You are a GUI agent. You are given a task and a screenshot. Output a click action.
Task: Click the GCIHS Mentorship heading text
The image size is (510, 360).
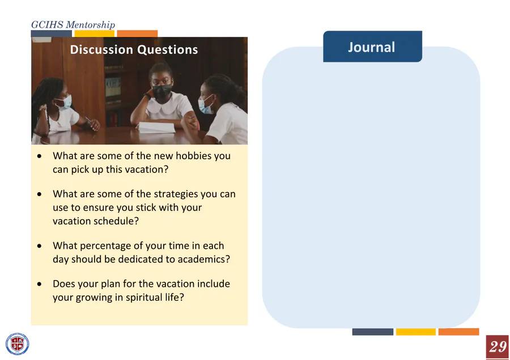tap(73, 25)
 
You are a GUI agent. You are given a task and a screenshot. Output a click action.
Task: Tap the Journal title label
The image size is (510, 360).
tap(371, 47)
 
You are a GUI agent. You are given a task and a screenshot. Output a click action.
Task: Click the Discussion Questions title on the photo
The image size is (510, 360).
tap(134, 49)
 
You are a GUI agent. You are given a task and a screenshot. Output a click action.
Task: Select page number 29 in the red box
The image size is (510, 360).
tap(498, 346)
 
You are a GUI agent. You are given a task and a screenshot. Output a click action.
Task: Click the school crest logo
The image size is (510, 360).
tap(17, 344)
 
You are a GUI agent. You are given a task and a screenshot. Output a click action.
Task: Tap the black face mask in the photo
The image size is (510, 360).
tap(161, 91)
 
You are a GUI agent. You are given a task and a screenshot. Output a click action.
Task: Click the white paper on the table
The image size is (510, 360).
tap(156, 127)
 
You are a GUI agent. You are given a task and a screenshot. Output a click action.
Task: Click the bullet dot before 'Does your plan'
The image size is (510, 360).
tap(39, 284)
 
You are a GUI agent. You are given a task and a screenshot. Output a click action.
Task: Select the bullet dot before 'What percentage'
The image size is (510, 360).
tap(39, 245)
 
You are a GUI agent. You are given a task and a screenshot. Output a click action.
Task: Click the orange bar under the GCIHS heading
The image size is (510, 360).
tap(137, 33)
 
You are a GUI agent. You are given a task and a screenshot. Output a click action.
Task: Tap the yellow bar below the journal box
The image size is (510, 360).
tap(416, 332)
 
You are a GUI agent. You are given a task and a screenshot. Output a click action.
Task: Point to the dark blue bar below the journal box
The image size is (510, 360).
tap(373, 332)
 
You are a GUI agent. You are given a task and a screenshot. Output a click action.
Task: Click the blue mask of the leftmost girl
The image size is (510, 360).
tap(65, 102)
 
